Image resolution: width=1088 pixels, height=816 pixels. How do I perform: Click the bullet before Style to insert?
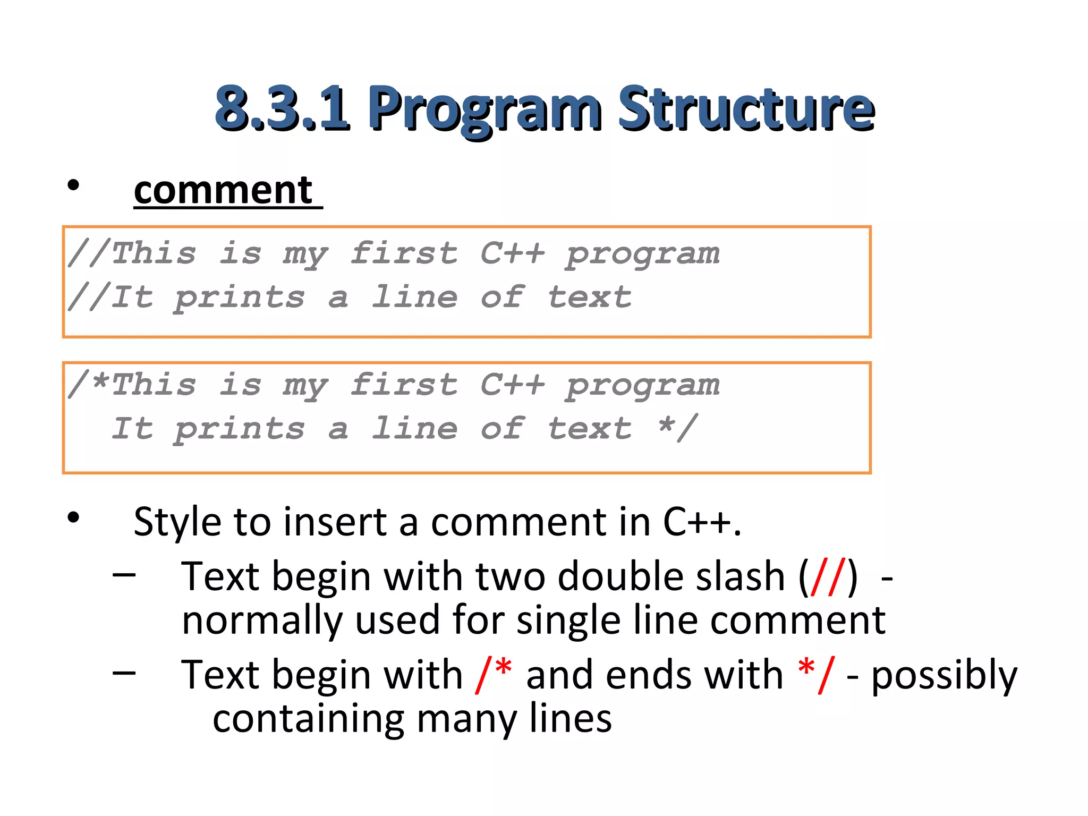73,517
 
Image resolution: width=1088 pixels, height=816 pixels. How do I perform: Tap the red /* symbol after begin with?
494,675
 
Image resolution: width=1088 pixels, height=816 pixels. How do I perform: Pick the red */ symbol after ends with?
816,675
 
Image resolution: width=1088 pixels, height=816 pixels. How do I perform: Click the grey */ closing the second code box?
677,428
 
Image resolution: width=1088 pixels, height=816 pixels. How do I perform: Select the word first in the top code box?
404,253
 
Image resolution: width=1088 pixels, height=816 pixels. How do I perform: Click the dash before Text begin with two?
124,574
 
